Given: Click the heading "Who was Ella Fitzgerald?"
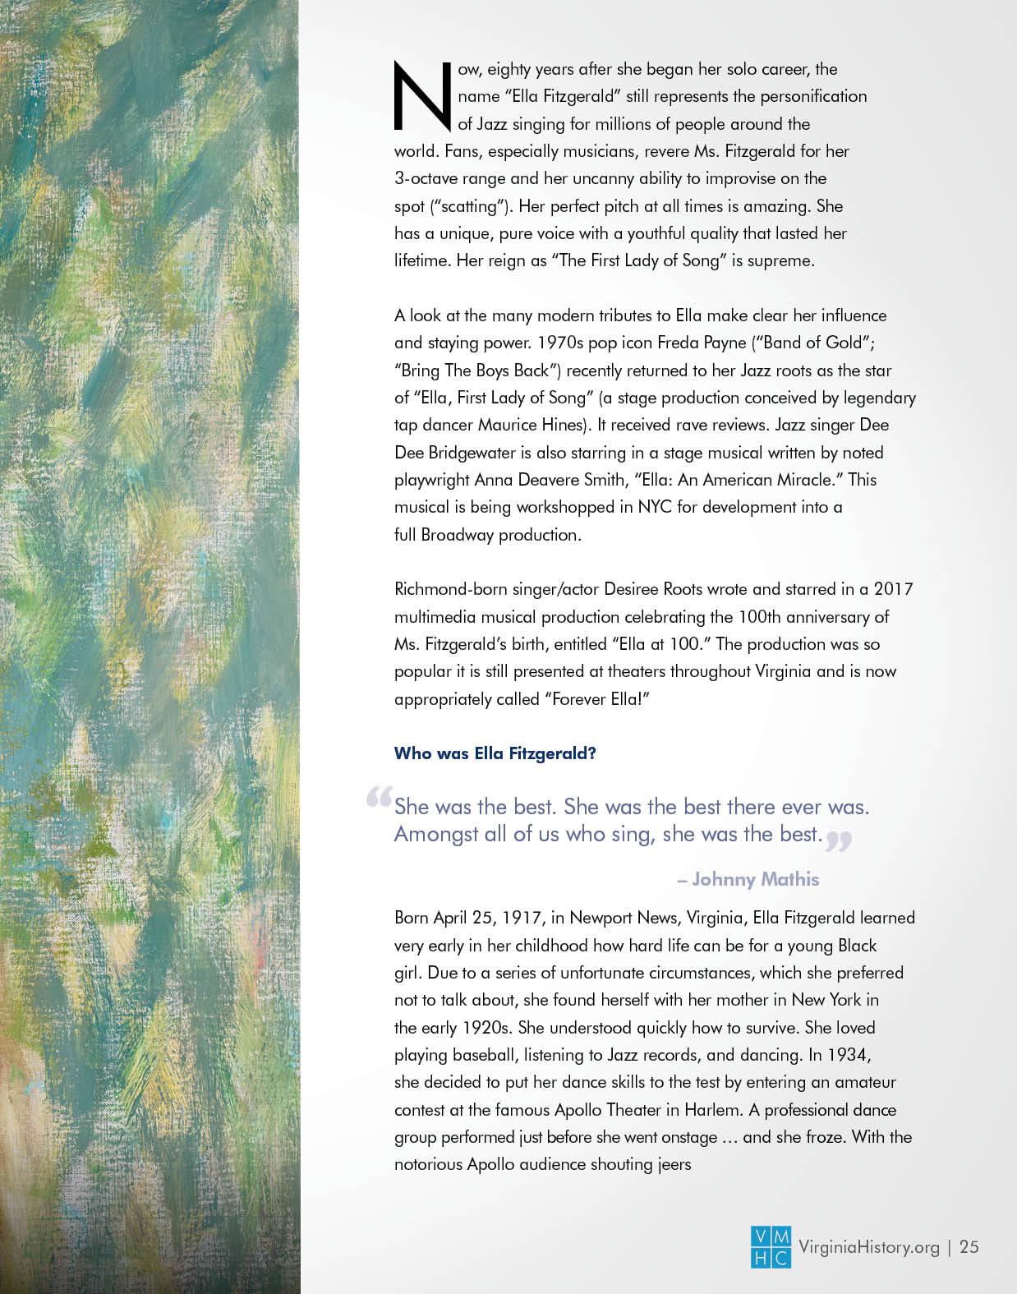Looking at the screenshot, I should click(495, 753).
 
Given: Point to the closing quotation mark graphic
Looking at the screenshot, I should click(839, 840).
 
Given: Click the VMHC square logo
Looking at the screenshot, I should click(771, 1246).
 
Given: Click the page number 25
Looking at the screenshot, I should click(969, 1247).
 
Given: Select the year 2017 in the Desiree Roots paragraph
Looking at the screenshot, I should click(893, 589).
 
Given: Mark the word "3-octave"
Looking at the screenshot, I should click(426, 178).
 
